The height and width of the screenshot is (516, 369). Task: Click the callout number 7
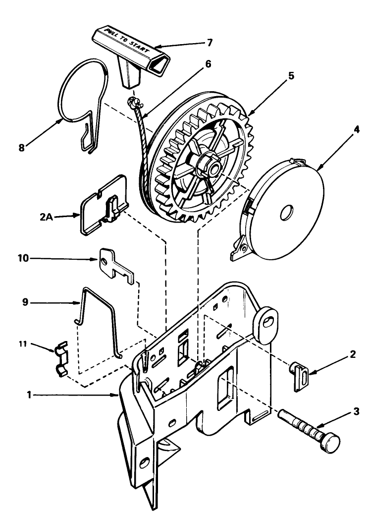point(210,43)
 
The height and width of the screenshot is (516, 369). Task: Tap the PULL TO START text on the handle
point(126,41)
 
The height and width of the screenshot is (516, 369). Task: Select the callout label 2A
point(47,217)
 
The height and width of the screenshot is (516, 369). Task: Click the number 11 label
point(22,344)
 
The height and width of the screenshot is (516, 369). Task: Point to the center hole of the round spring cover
point(287,213)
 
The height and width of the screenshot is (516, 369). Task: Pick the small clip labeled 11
point(61,359)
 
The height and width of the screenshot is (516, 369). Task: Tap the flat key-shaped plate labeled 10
point(116,266)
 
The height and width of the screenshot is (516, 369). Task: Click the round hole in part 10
point(104,262)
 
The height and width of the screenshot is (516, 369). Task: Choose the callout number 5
point(291,76)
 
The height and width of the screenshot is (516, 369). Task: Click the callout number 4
point(357,129)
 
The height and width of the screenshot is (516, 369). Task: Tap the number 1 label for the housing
point(29,394)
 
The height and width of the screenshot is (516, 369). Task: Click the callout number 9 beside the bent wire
point(25,302)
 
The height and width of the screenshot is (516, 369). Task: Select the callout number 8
point(21,148)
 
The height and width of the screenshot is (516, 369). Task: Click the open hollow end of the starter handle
point(159,63)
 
